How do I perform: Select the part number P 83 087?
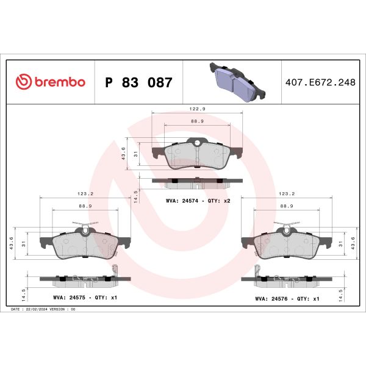click(139, 82)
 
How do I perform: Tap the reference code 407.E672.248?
click(320, 82)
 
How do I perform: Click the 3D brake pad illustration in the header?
click(236, 81)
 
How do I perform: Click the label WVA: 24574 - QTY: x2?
click(198, 200)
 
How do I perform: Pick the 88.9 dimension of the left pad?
click(85, 206)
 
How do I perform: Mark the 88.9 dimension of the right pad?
click(287, 206)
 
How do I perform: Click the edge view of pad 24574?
click(197, 182)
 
